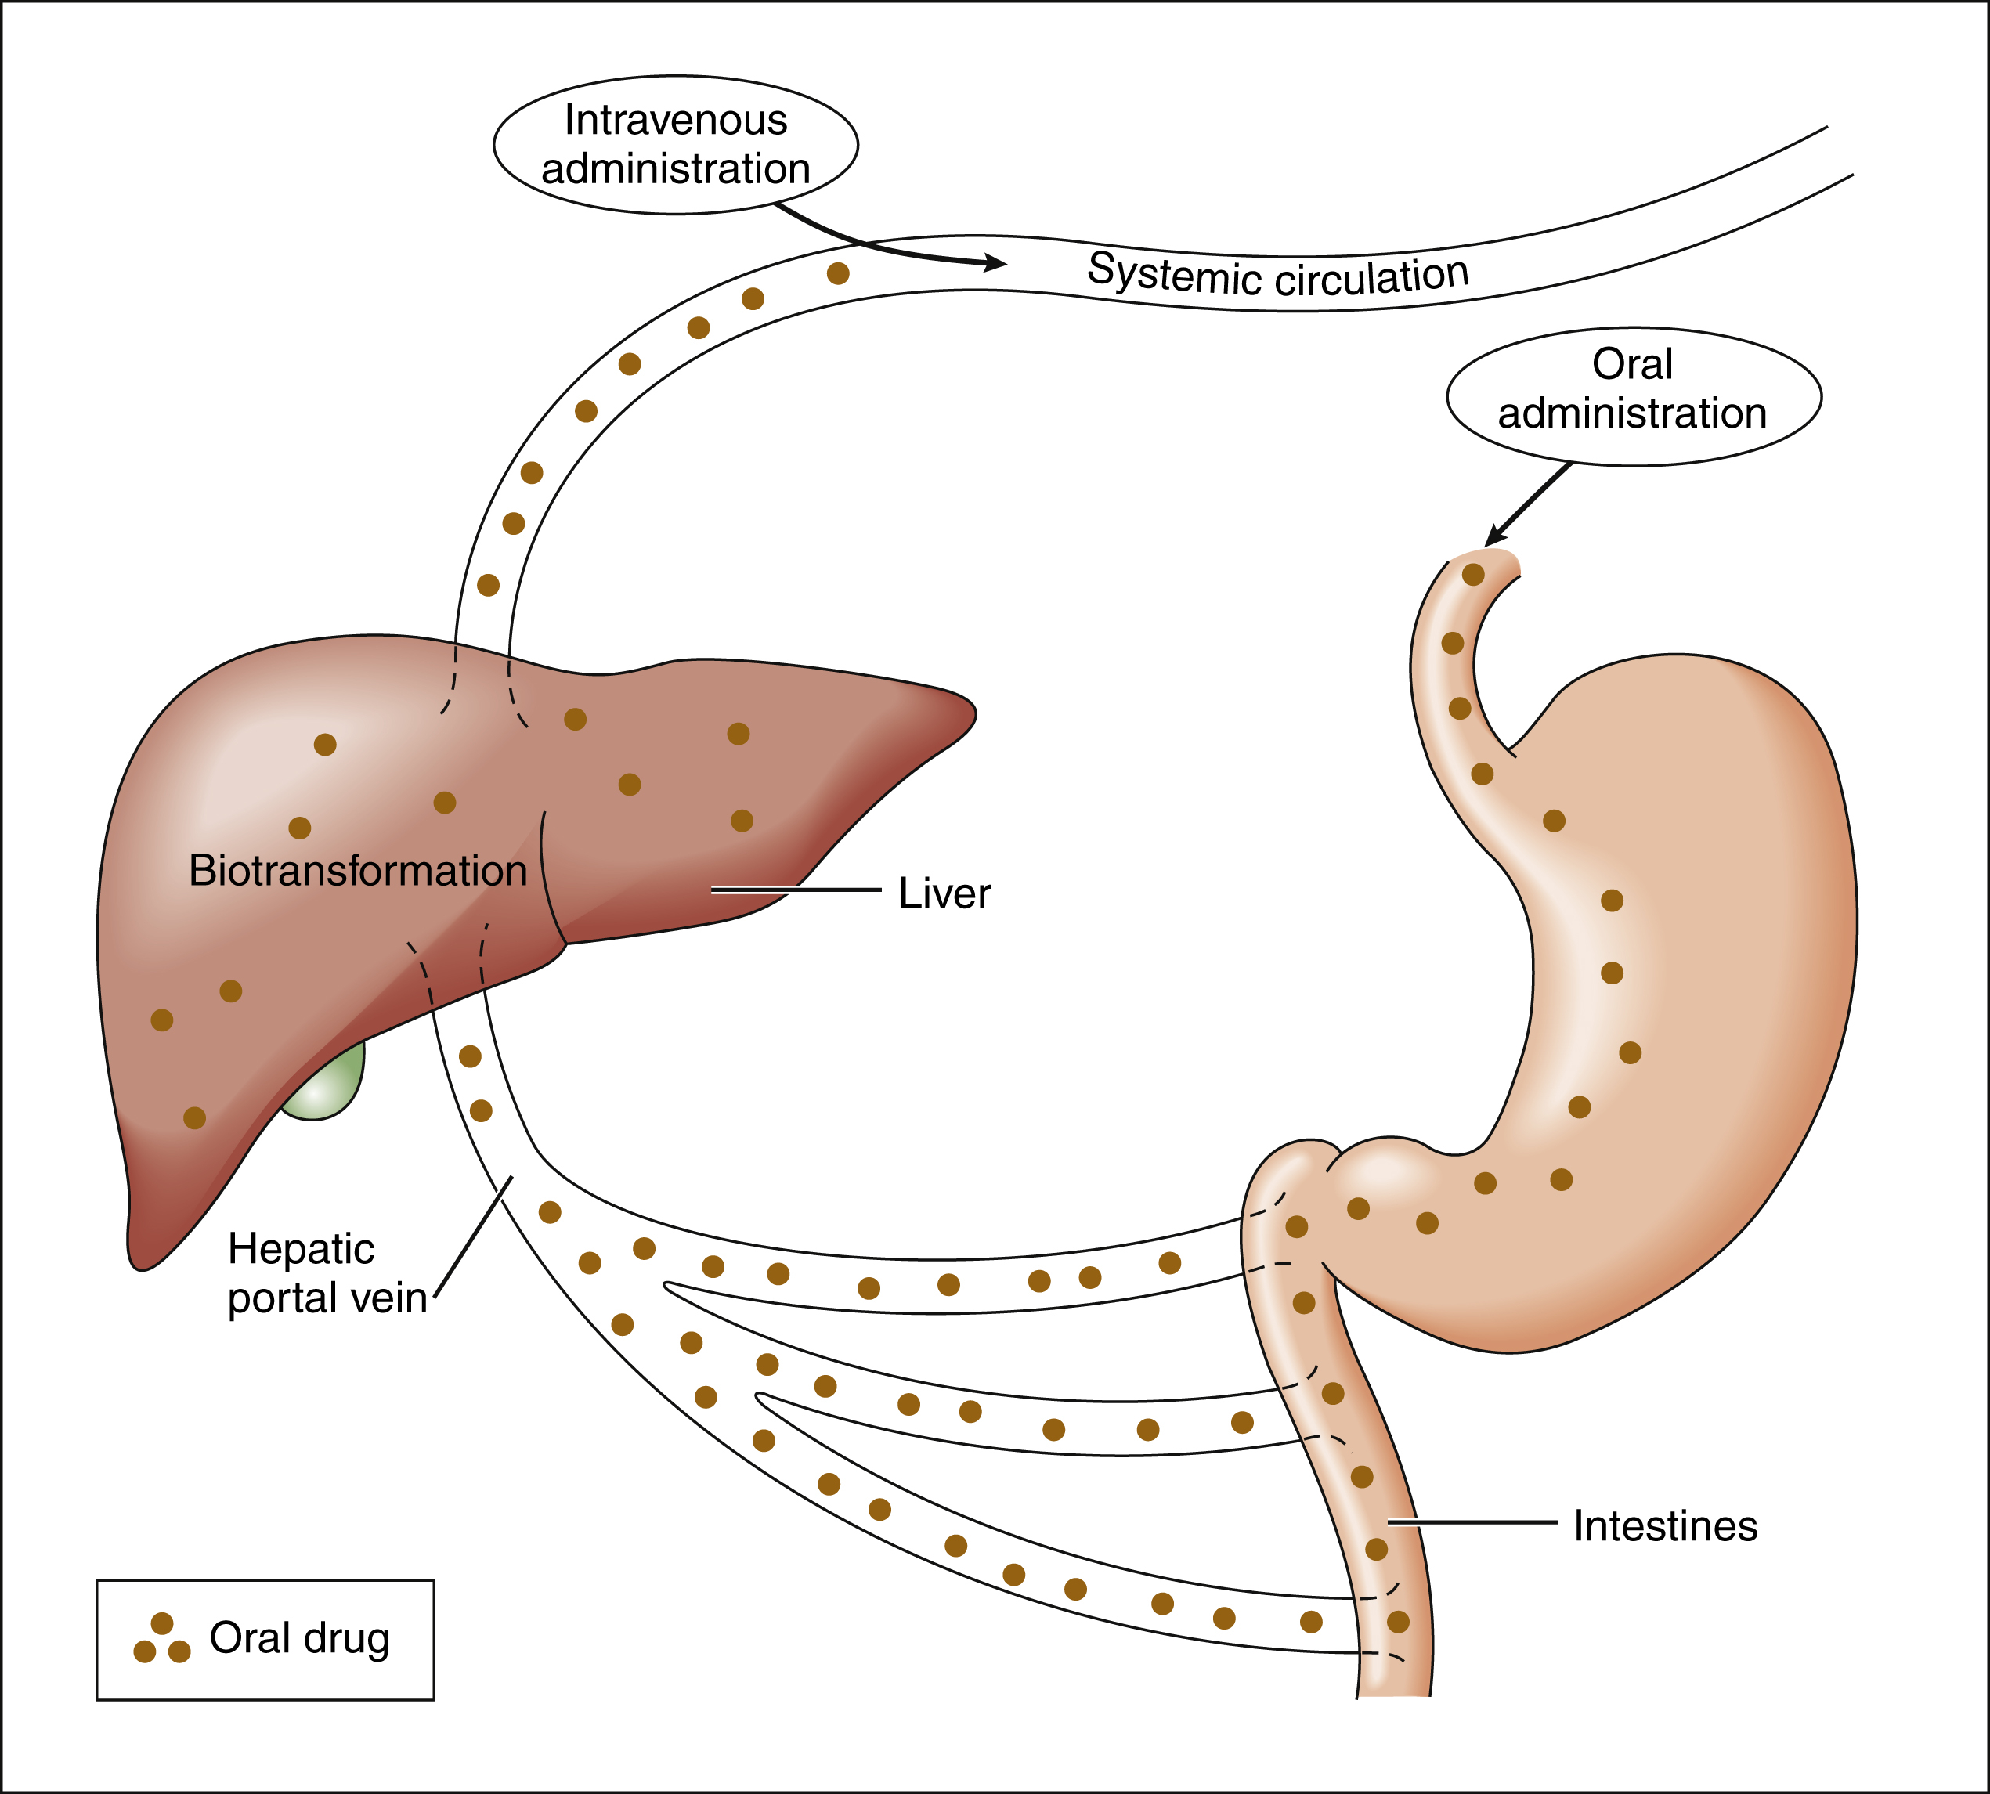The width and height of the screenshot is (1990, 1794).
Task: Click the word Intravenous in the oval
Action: pyautogui.click(x=675, y=121)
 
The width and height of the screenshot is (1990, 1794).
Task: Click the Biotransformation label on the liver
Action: pyautogui.click(x=358, y=872)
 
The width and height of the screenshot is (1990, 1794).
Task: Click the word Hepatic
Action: pyautogui.click(x=301, y=1250)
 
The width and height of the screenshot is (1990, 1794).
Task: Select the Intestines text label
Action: pyautogui.click(x=1665, y=1526)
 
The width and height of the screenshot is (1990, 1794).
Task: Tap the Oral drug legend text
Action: pyautogui.click(x=300, y=1637)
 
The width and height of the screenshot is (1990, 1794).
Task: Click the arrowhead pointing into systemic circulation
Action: pyautogui.click(x=995, y=263)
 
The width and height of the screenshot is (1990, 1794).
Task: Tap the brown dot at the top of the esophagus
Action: pyautogui.click(x=1472, y=574)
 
